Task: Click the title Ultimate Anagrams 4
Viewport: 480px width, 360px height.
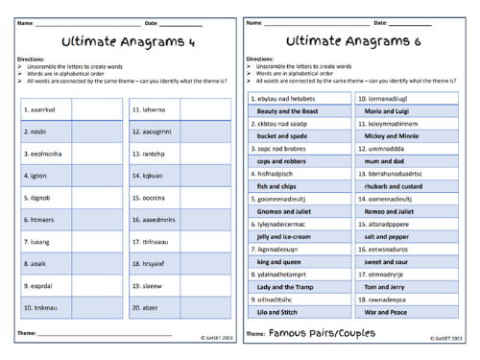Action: pyautogui.click(x=121, y=42)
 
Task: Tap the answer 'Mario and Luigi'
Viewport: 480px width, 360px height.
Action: pyautogui.click(x=390, y=111)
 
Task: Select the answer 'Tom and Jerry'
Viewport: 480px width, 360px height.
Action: pyautogui.click(x=386, y=286)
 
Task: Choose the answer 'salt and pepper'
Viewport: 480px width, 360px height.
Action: pyautogui.click(x=390, y=236)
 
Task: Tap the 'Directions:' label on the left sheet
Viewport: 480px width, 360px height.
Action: pyautogui.click(x=31, y=59)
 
